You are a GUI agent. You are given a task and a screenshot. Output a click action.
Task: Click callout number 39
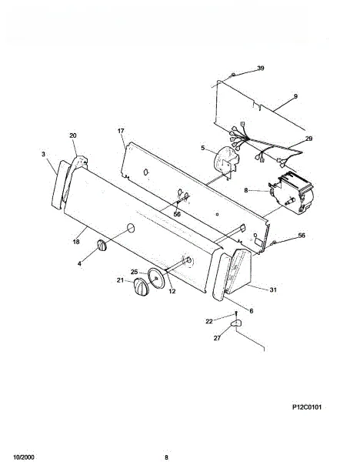[261, 68]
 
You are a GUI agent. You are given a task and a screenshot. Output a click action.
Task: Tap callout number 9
[295, 96]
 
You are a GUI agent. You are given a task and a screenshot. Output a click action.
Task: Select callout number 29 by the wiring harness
[308, 138]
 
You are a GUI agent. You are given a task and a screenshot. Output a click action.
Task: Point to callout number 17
[121, 131]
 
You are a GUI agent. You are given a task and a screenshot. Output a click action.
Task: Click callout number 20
[73, 136]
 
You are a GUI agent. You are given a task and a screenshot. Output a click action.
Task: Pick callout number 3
[44, 154]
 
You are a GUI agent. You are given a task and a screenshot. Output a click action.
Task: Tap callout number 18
[76, 242]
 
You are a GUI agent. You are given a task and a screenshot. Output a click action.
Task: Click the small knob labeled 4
[102, 245]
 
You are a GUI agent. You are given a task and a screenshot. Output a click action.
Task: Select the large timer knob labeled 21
[142, 286]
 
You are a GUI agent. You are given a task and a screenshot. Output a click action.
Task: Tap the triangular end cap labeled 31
[239, 271]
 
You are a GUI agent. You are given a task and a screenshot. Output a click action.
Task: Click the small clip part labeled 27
[235, 323]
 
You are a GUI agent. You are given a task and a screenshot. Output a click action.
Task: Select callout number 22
[209, 321]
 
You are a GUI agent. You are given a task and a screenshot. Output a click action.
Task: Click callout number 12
[172, 291]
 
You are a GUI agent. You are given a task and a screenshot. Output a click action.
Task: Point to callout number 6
[251, 311]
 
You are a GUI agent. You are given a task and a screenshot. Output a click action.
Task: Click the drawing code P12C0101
[307, 407]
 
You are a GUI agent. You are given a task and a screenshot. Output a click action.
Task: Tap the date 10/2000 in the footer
[24, 457]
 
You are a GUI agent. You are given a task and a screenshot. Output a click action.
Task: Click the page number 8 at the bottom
[166, 457]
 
